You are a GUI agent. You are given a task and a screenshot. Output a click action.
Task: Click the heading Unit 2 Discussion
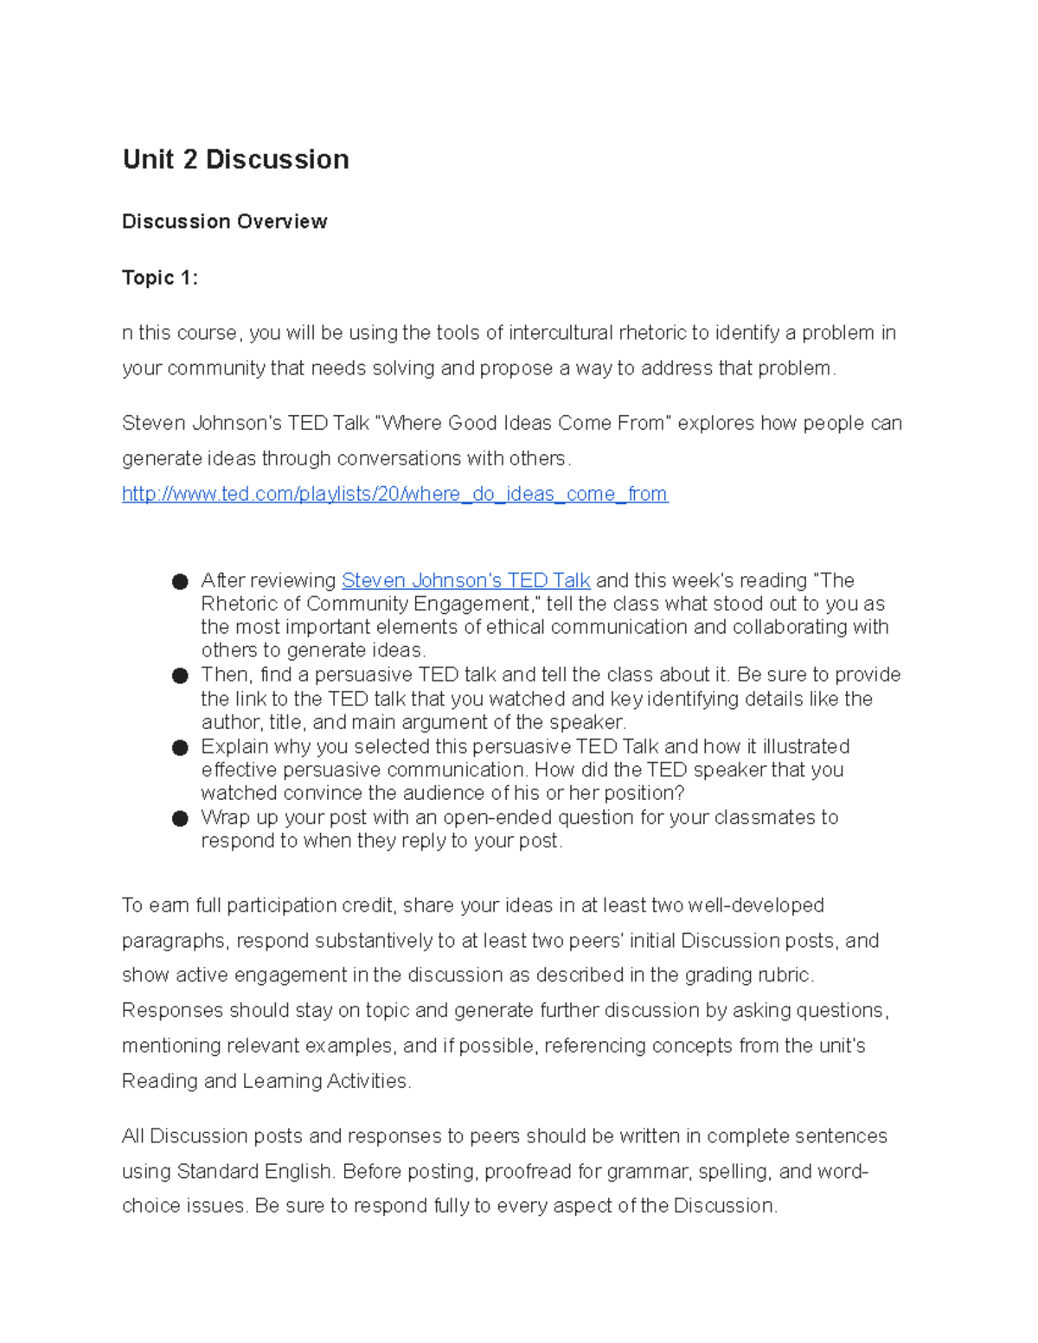[235, 159]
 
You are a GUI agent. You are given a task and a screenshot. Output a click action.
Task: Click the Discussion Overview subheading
[224, 221]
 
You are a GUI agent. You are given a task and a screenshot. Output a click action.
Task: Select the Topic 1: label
[160, 278]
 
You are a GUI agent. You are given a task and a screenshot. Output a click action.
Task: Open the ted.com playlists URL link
[394, 494]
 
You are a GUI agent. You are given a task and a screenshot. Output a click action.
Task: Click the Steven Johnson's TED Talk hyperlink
[465, 580]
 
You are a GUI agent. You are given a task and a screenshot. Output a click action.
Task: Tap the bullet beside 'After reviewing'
[180, 582]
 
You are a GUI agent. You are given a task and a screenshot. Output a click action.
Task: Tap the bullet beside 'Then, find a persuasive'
[180, 676]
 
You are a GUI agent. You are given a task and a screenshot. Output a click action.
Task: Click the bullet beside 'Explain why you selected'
[180, 748]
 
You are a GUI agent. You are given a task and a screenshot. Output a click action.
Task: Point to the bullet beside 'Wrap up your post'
[180, 819]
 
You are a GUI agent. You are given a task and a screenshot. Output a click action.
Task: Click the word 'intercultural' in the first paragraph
[561, 333]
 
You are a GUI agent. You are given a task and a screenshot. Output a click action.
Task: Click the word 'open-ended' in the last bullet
[497, 817]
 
